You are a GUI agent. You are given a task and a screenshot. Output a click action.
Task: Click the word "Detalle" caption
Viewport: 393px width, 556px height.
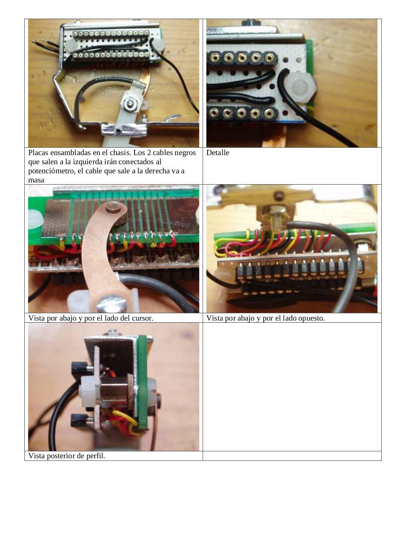point(218,152)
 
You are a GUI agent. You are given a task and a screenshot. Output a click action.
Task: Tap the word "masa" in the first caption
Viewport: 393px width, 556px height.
point(36,180)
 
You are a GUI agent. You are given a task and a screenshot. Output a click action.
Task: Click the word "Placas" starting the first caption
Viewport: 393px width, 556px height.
point(38,152)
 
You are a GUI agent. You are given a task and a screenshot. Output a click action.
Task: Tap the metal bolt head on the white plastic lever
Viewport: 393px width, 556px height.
point(130,103)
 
